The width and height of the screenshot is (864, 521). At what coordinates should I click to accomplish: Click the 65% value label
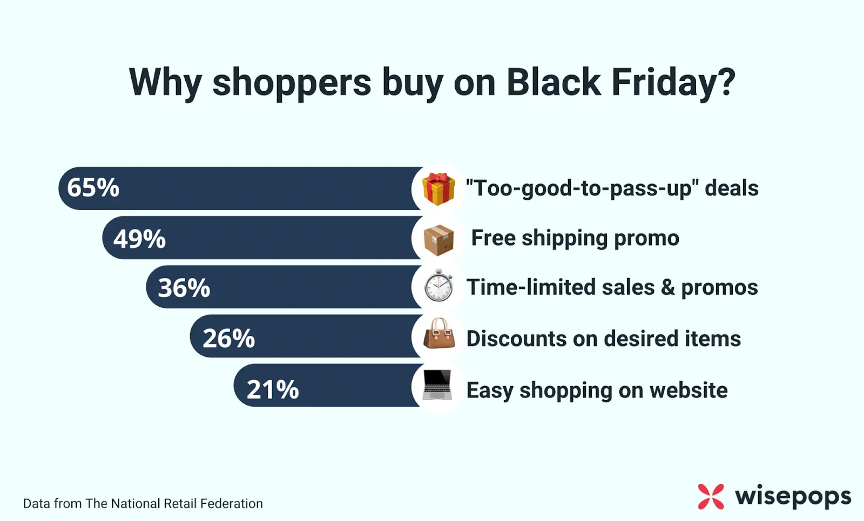tap(93, 188)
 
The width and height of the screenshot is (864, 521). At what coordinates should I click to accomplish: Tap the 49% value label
tap(139, 239)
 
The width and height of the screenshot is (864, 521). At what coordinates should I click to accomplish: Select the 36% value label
tap(184, 288)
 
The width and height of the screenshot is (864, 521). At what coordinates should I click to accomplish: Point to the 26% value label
tap(229, 338)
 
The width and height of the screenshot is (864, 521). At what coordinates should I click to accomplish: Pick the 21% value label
tap(273, 389)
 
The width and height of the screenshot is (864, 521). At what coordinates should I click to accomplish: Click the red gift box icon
tap(438, 188)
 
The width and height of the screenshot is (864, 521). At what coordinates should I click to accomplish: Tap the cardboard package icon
tap(438, 240)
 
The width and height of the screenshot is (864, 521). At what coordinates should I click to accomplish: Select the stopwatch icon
tap(438, 286)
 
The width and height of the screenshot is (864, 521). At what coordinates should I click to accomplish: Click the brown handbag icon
tap(439, 333)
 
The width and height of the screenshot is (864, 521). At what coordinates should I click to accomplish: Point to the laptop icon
tap(437, 385)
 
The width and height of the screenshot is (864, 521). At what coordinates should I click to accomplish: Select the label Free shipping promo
tap(575, 238)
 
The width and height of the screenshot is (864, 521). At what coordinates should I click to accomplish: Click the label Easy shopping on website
tap(597, 390)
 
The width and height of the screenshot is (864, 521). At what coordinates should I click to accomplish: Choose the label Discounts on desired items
tap(604, 339)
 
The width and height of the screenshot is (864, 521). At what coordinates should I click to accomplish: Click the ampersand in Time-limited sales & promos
tap(667, 287)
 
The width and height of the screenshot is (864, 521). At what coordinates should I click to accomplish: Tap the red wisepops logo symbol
tap(711, 496)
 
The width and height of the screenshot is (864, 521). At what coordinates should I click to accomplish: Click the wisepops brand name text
tap(793, 497)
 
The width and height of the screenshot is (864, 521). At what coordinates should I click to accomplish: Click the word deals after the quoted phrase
tap(731, 188)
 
